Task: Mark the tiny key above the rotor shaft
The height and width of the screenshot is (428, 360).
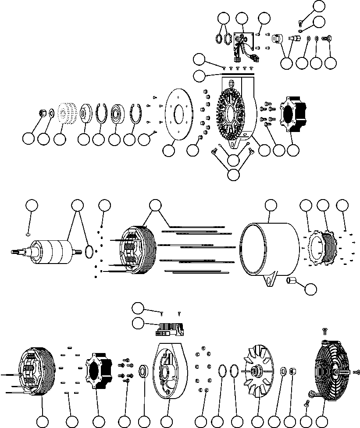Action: (x=28, y=234)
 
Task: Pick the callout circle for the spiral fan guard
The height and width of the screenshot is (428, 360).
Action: (x=323, y=421)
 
